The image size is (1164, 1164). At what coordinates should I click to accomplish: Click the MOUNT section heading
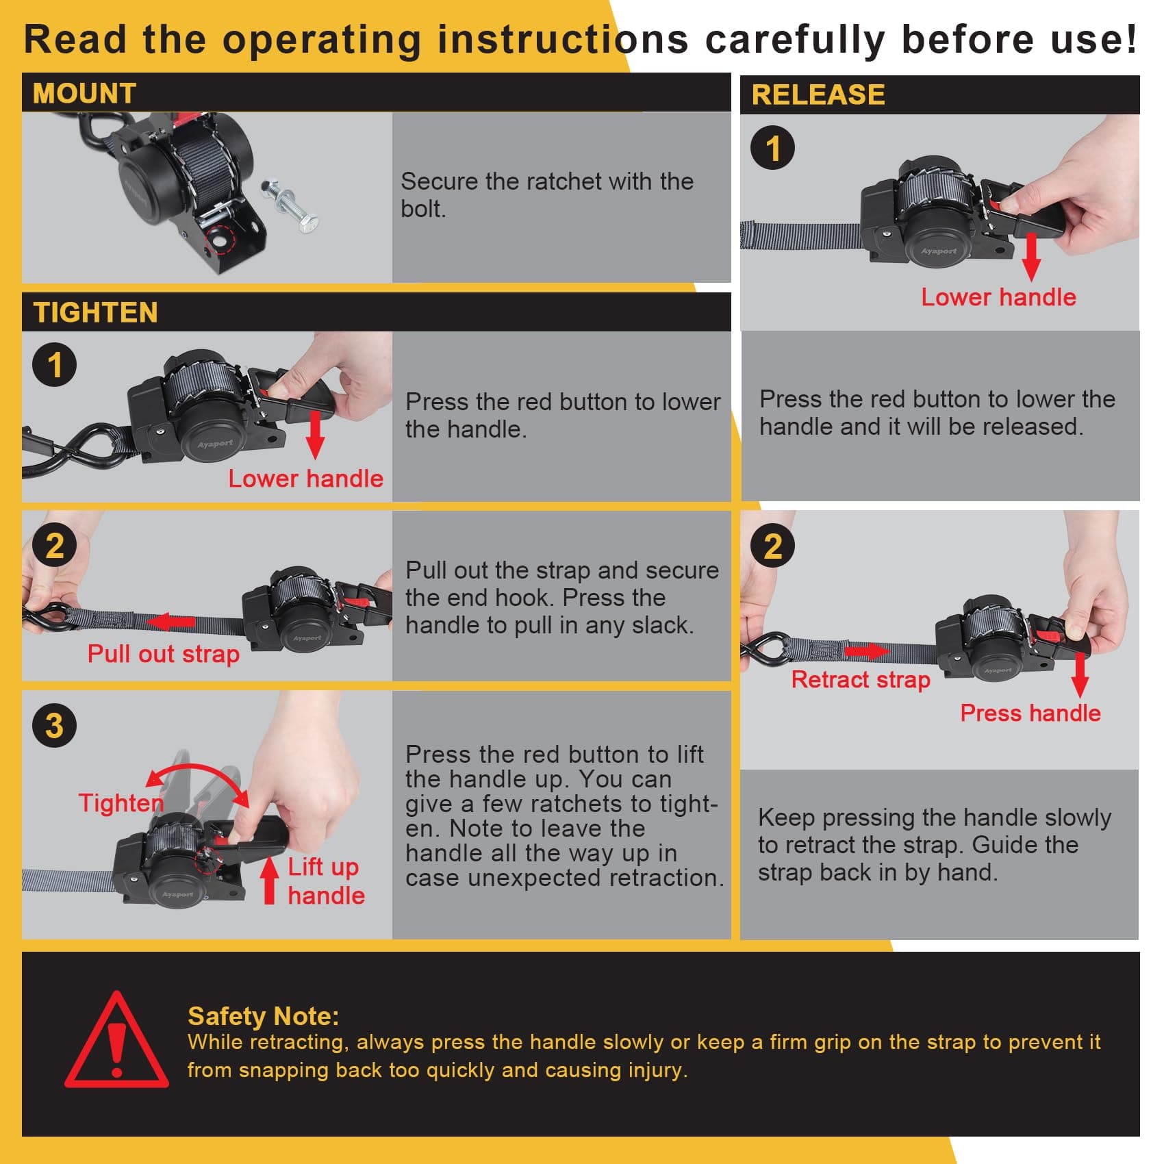[84, 93]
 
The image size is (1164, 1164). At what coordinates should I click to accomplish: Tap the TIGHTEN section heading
[95, 312]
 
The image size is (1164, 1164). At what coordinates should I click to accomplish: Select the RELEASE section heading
[818, 94]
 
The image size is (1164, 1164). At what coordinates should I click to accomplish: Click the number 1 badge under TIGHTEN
[55, 364]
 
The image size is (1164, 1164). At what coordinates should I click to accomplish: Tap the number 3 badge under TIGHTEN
[55, 725]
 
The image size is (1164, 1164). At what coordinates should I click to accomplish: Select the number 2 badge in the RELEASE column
[773, 546]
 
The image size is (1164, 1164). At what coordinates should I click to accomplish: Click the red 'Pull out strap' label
[164, 654]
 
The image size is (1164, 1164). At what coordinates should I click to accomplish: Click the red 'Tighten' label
[121, 802]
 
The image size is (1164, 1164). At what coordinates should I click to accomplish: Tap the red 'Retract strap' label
[861, 679]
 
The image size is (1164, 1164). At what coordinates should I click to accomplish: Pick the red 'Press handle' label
[1030, 713]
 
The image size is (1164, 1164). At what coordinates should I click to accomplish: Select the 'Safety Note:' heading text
[264, 1016]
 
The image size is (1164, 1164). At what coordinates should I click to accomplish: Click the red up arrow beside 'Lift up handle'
[270, 881]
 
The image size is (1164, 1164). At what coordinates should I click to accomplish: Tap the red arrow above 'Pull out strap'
[171, 622]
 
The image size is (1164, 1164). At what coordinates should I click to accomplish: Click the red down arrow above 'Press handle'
[1080, 675]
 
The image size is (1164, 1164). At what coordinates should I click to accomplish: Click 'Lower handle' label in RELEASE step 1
[998, 297]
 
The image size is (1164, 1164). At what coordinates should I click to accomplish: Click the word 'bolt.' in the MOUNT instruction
[423, 209]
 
